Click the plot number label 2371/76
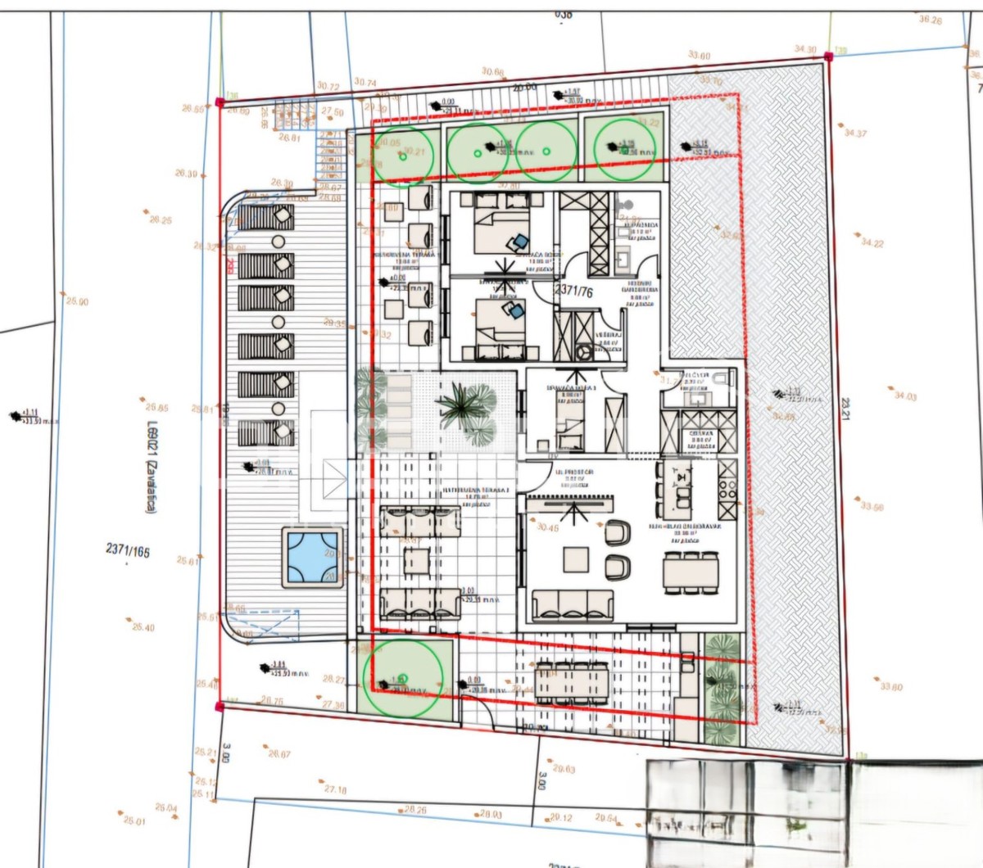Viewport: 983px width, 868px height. coord(573,291)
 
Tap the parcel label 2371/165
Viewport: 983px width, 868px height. coord(128,550)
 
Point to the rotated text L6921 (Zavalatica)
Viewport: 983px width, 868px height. coord(151,466)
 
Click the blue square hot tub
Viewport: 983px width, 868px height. coord(311,557)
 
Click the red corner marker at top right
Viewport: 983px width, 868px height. coord(828,57)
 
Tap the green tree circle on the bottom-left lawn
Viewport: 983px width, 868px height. coord(403,678)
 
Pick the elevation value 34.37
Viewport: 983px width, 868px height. coord(855,133)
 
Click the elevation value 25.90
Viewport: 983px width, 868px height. coord(77,301)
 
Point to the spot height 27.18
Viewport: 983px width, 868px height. coord(335,789)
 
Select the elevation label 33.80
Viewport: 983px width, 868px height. coord(891,686)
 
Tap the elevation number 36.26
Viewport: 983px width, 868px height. coord(930,20)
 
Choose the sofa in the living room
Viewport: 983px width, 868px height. coord(573,605)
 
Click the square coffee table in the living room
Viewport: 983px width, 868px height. coord(576,559)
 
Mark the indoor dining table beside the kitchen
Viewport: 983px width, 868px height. coord(691,571)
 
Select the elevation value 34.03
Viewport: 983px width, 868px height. coord(905,396)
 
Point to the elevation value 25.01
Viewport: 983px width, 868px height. coord(134,820)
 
